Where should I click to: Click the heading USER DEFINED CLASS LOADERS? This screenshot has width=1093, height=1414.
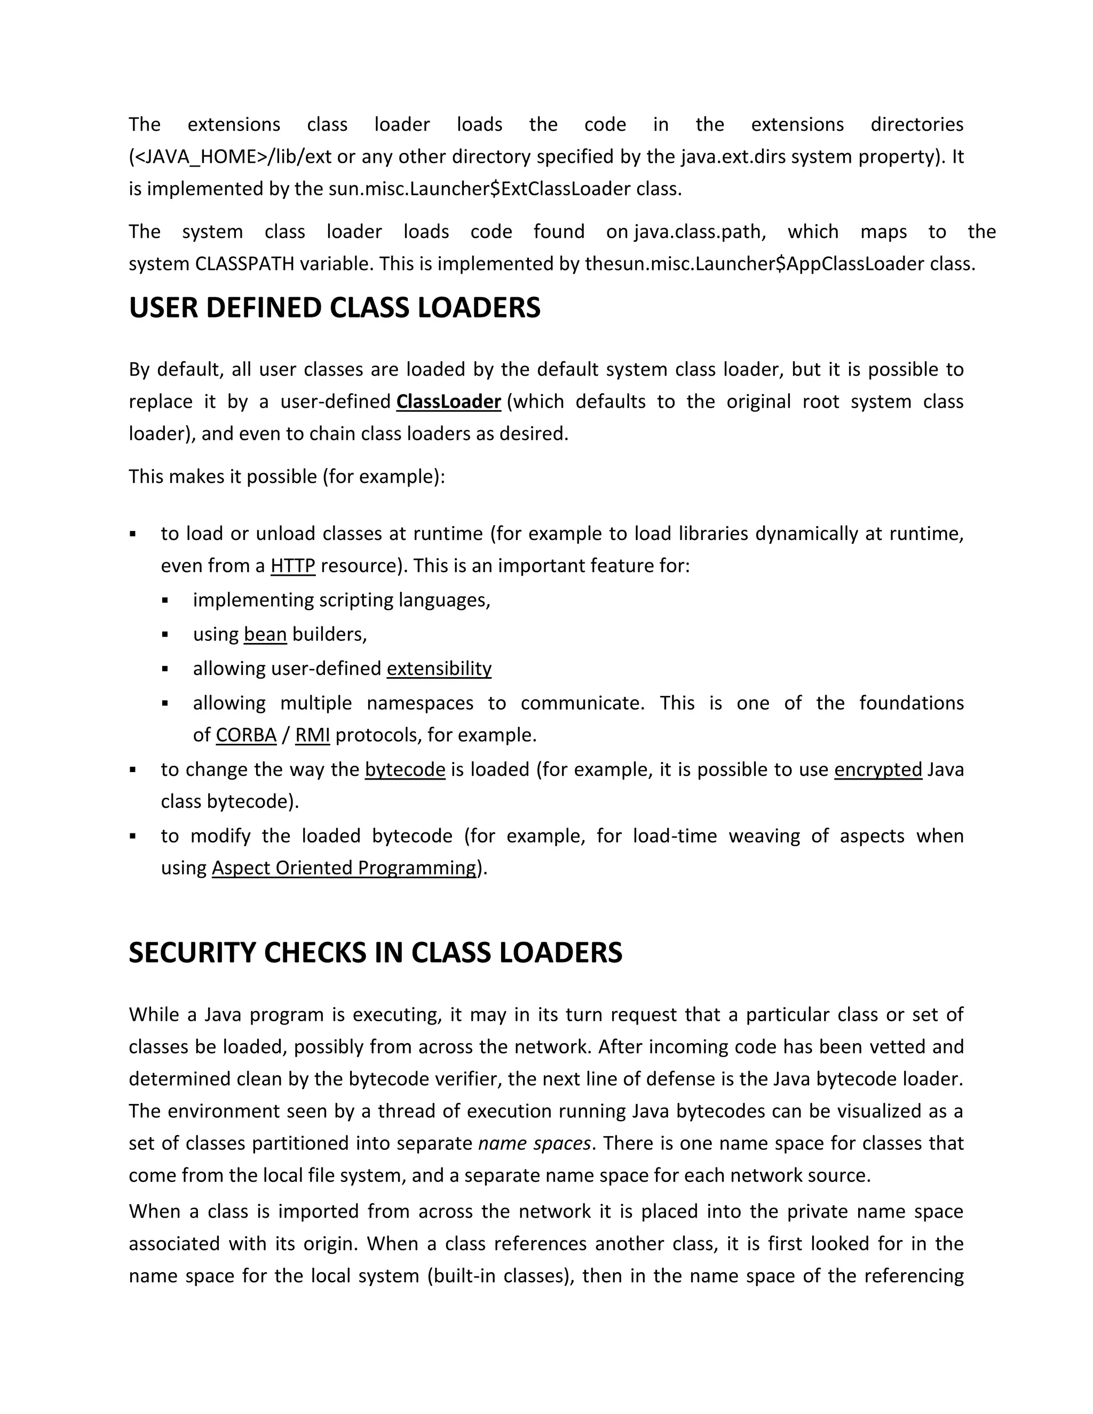click(334, 308)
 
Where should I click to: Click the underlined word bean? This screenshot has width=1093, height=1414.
click(265, 634)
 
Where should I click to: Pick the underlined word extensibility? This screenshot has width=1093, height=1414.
click(439, 669)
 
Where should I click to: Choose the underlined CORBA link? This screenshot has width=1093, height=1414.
click(246, 735)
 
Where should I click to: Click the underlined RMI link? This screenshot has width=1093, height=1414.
click(312, 735)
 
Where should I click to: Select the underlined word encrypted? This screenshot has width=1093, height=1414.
click(877, 770)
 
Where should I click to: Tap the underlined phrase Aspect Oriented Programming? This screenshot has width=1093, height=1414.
click(344, 868)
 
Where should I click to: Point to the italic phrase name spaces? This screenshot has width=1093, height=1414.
click(534, 1144)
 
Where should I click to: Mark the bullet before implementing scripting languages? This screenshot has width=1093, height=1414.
click(165, 601)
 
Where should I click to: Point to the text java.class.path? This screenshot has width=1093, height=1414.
click(700, 232)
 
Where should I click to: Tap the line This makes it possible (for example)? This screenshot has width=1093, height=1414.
click(287, 477)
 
